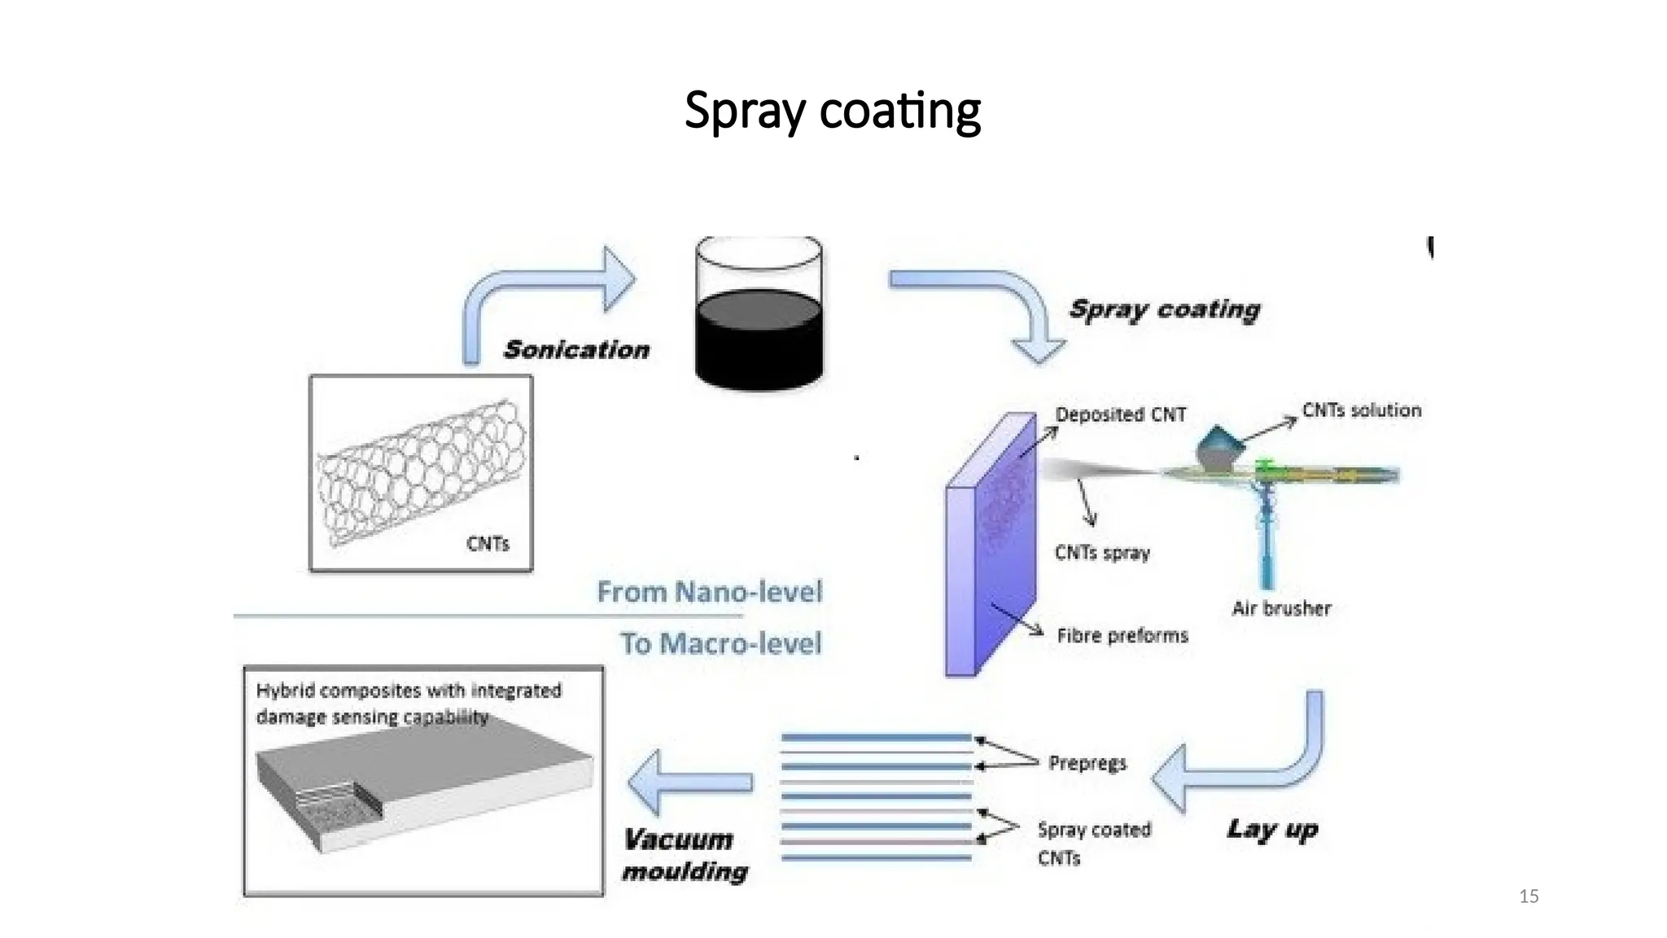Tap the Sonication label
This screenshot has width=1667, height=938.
(x=576, y=350)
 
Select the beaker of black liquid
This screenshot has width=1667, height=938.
(x=759, y=318)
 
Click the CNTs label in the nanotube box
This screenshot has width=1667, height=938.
(x=488, y=544)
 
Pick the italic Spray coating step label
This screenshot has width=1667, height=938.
(x=1164, y=309)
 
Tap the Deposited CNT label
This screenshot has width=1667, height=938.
(x=1121, y=414)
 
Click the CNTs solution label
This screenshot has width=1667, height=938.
(x=1361, y=410)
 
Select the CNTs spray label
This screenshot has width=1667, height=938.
(x=1102, y=553)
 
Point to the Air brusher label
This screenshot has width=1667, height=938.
(x=1281, y=608)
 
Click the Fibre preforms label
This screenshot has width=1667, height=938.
(x=1122, y=635)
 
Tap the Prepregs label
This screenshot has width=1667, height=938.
(x=1087, y=763)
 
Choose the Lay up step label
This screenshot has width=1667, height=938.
(x=1271, y=830)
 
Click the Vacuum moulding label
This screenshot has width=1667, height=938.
(x=685, y=855)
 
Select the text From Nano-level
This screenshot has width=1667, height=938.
(x=709, y=592)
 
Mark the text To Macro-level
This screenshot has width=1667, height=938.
(x=720, y=643)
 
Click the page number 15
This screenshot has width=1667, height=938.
(x=1529, y=896)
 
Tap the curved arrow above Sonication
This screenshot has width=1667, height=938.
(x=545, y=293)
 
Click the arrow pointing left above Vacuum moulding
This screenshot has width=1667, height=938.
(x=690, y=782)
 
